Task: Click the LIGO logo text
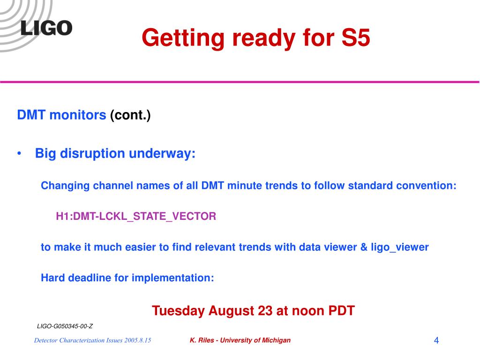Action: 46,28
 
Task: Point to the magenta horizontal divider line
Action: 240,82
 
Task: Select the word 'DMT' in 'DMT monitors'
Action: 31,115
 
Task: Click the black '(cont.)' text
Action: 130,115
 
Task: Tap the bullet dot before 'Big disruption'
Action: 19,153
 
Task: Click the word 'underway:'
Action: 162,153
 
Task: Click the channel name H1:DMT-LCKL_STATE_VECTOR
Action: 136,217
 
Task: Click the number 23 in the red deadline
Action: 265,311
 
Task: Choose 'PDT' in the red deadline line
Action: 341,311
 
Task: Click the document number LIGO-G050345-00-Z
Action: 65,326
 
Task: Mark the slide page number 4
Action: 436,340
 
